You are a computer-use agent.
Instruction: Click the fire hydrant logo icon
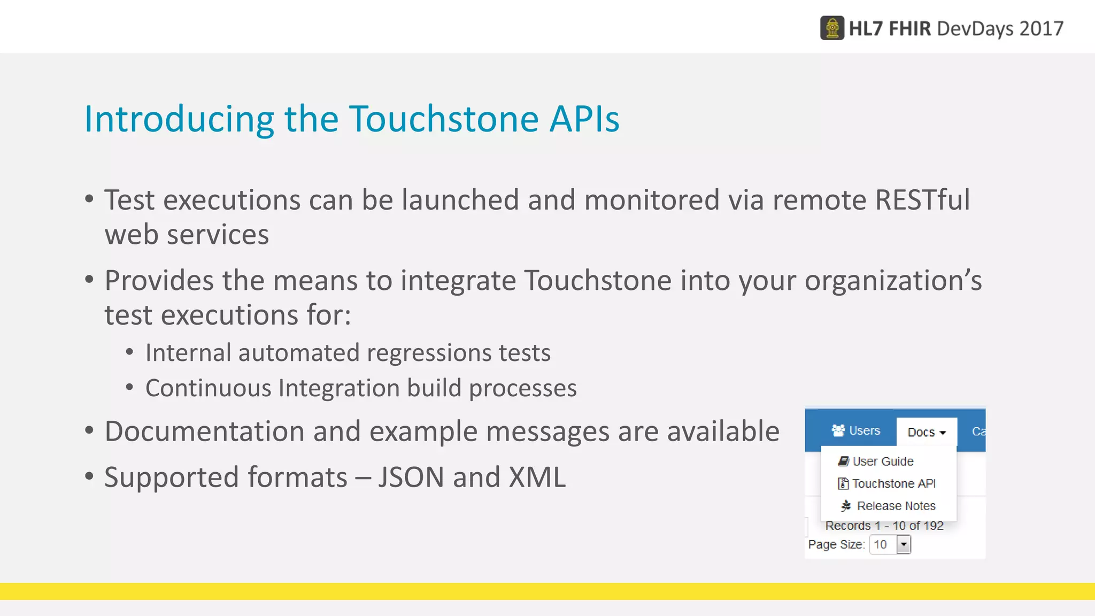point(832,28)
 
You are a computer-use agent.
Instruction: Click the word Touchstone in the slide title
point(444,119)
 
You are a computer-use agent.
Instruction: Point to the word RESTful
point(922,200)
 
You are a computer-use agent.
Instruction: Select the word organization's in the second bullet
point(893,281)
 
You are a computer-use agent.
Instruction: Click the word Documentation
point(204,432)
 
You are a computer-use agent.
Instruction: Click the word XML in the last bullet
point(537,478)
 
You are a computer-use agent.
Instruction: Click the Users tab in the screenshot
point(856,430)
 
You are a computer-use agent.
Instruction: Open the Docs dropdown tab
point(926,432)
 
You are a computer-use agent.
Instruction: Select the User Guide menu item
point(882,461)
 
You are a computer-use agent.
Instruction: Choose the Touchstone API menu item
point(893,484)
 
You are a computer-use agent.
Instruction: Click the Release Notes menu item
point(896,506)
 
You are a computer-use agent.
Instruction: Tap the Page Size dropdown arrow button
point(904,545)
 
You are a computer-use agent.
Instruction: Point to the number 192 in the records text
point(933,526)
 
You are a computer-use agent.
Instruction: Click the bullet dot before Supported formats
point(89,476)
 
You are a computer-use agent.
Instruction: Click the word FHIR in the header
point(909,28)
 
